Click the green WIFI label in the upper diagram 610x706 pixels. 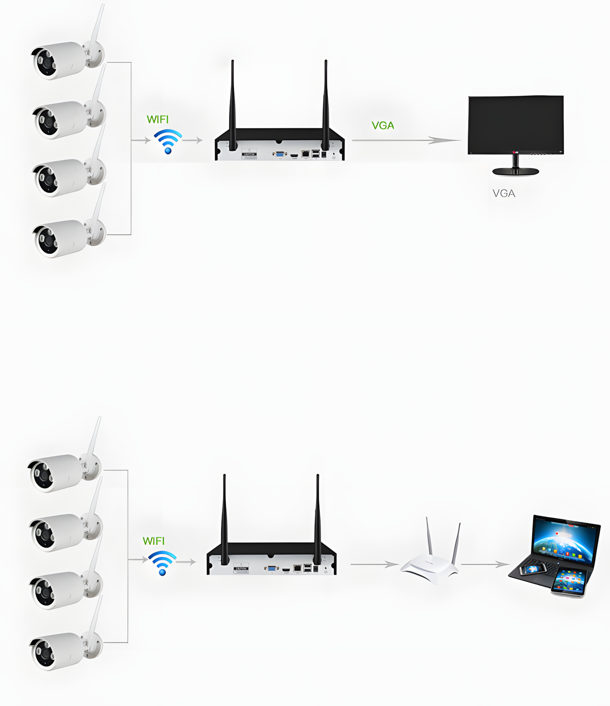tap(157, 119)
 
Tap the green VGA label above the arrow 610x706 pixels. tap(383, 126)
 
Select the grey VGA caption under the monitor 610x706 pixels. tap(504, 193)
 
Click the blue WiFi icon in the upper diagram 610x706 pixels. tap(168, 141)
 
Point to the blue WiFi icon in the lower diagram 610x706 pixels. tap(162, 563)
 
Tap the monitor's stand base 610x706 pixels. tap(516, 171)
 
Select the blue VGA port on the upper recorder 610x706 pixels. tap(280, 154)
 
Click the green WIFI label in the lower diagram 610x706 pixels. tap(153, 541)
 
